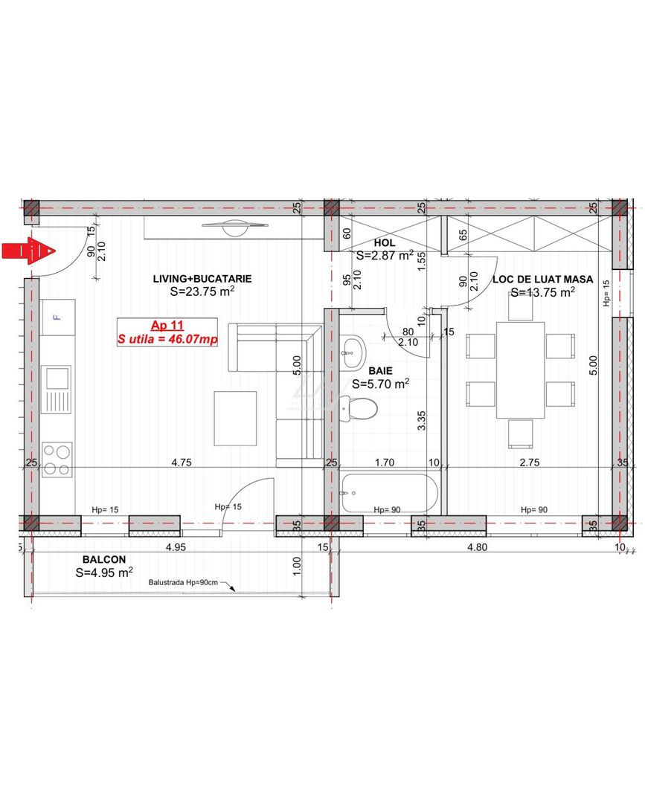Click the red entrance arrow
point(28,251)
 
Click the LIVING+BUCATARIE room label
point(202,279)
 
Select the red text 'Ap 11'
point(167,325)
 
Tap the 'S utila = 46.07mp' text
point(167,339)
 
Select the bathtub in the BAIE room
point(389,493)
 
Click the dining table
point(520,370)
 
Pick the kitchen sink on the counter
point(56,389)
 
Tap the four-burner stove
point(57,460)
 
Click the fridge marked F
point(58,317)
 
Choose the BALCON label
point(104,560)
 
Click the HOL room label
point(384,242)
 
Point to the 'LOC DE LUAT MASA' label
point(542,280)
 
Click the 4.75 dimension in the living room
point(182,462)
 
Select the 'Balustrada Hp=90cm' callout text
point(183,582)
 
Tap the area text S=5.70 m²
point(380,384)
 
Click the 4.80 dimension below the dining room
point(477,547)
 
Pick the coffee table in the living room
point(235,419)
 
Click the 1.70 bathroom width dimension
point(384,462)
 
